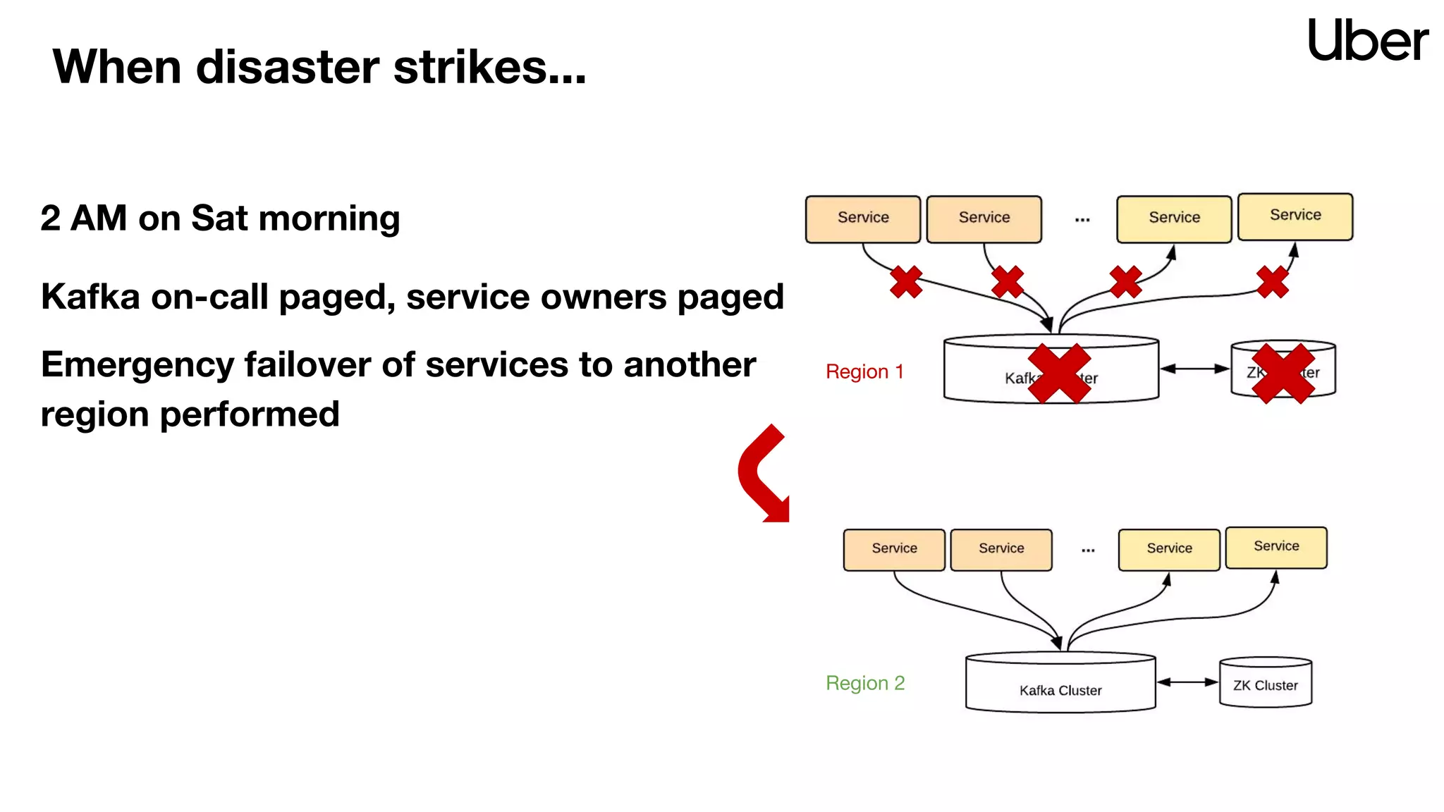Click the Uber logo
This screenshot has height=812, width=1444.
pos(1367,40)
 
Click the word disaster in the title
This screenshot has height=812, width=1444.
pos(289,68)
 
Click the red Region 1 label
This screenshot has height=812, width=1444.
pos(864,371)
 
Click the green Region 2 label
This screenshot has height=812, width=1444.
pos(865,683)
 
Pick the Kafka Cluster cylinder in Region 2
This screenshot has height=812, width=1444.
pos(1060,684)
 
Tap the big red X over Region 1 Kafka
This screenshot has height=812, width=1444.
pos(1059,374)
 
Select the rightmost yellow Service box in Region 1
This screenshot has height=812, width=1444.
pos(1295,216)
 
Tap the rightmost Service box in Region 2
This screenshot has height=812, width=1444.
pos(1275,548)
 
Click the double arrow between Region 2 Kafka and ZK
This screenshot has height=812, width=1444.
pos(1187,682)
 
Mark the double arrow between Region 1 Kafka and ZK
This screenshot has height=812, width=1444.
pos(1194,369)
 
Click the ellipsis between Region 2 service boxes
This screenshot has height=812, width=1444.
pos(1088,550)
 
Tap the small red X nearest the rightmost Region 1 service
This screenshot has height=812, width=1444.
pos(1272,282)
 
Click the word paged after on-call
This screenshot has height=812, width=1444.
pos(337,297)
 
